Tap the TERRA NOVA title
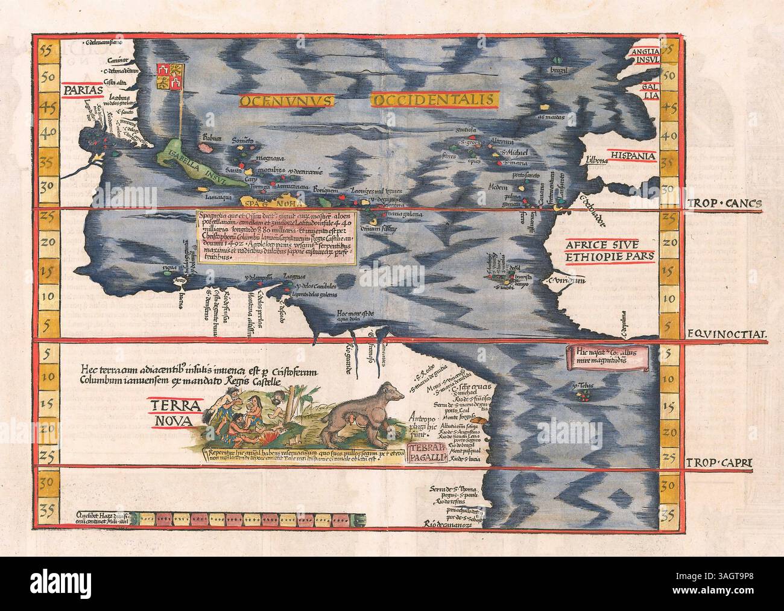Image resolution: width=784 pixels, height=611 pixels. coord(169,411)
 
